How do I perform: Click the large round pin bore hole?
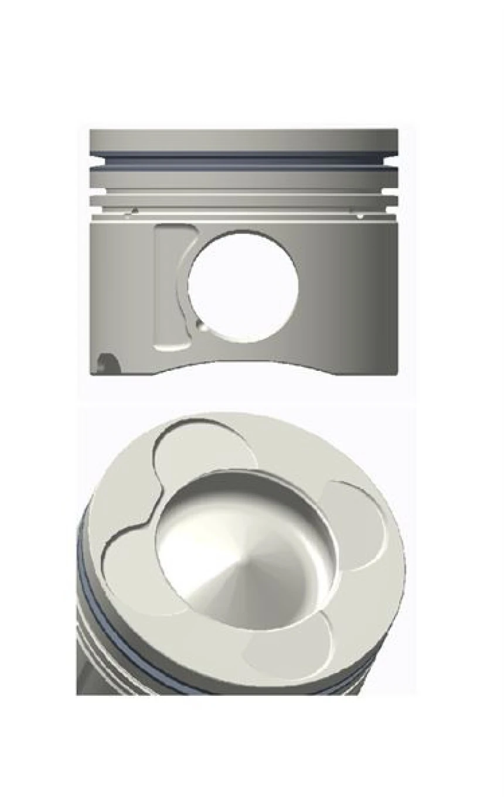[x=243, y=285]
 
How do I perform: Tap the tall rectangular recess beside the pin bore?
[x=170, y=287]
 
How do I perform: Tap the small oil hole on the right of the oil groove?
[x=360, y=216]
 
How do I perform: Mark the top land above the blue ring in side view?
[x=244, y=140]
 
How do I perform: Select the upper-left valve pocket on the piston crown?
[x=202, y=448]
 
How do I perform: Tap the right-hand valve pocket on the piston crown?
[x=357, y=521]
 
